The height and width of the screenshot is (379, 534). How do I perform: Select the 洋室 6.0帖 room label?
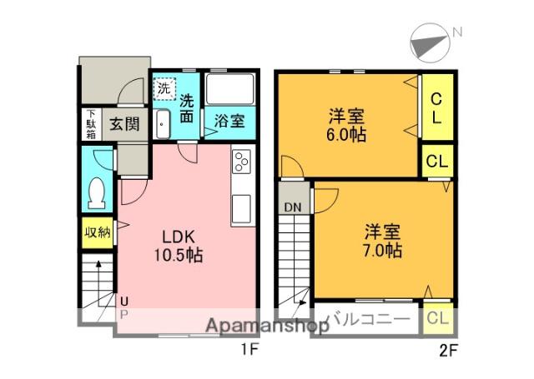[x=345, y=126]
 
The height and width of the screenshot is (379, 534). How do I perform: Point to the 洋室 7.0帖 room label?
[x=381, y=239]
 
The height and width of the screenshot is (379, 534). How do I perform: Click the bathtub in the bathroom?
[x=229, y=88]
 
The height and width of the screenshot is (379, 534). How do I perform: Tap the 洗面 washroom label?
[x=188, y=109]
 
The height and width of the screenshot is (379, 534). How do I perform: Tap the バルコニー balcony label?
[x=367, y=318]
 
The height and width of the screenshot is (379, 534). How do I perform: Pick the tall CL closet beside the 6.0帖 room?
[x=436, y=109]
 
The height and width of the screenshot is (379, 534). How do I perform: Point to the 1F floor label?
[x=249, y=351]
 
